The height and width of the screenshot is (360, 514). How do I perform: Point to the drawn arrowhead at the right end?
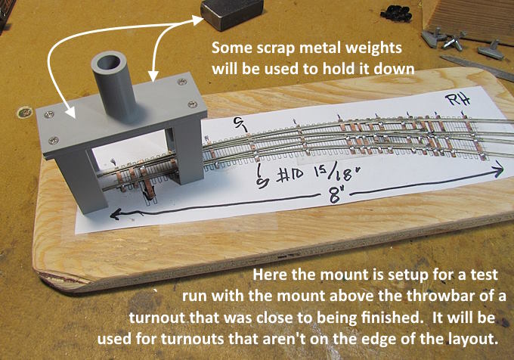click(497, 169)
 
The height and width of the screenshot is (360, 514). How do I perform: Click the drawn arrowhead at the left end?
click(116, 215)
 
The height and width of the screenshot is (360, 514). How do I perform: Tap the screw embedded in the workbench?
click(25, 113)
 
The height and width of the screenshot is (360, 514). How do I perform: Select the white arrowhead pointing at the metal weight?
click(198, 20)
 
